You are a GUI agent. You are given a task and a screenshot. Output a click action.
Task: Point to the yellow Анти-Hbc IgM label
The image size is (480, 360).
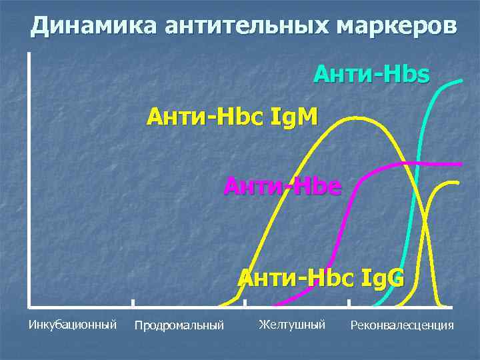point(233,118)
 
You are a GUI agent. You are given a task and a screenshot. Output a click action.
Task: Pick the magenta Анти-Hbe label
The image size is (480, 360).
point(282,186)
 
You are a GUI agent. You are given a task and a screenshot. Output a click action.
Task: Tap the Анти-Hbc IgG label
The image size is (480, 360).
point(321,276)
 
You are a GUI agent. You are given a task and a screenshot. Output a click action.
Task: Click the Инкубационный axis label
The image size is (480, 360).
point(73,325)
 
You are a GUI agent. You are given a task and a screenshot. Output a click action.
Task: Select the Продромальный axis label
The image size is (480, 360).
point(179,325)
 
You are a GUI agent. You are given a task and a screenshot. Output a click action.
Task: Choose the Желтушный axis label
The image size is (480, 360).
point(291,325)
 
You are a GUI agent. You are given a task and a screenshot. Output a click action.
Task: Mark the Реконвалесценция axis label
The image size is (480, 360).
point(401,325)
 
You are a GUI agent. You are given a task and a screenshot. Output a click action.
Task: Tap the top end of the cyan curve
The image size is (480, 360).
point(463,80)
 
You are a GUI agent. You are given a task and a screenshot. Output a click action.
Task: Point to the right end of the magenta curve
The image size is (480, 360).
point(460,163)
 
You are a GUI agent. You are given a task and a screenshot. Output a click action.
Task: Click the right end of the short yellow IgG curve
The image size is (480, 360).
point(459,182)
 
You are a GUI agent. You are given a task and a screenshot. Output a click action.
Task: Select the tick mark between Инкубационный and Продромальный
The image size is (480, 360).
point(133,303)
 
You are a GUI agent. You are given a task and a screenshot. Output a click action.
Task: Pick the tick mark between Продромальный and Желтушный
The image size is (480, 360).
point(245,303)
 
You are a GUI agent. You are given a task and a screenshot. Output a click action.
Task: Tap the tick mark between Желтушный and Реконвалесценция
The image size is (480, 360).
point(349,303)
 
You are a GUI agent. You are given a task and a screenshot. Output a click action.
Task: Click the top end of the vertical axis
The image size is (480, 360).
point(30,53)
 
